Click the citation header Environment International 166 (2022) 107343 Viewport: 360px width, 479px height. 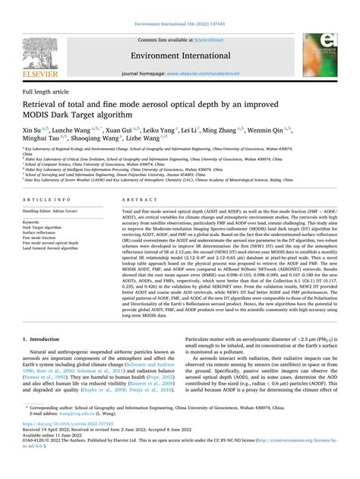pyautogui.click(x=179, y=5)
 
